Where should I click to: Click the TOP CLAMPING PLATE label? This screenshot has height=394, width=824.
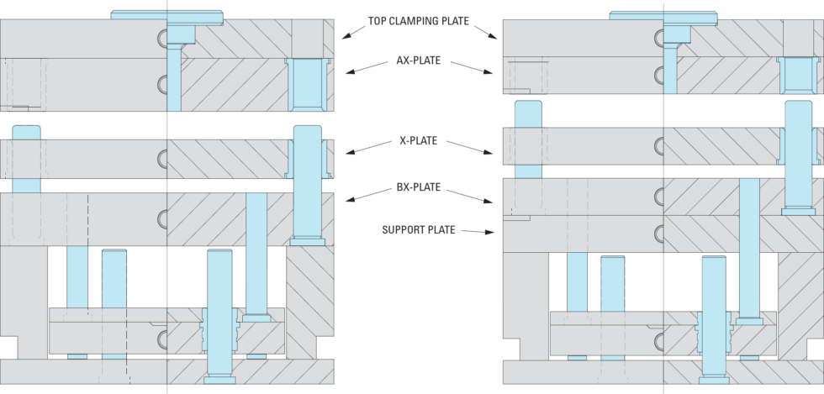point(418,19)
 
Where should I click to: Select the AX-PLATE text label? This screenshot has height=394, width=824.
point(418,61)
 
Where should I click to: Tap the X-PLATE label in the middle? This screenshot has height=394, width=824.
point(418,141)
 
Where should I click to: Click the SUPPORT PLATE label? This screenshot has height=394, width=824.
point(419,230)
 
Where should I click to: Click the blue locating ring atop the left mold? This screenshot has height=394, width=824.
point(167,16)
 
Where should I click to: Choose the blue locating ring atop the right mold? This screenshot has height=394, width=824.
point(664,16)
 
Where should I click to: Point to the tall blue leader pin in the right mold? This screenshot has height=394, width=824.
point(798,155)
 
